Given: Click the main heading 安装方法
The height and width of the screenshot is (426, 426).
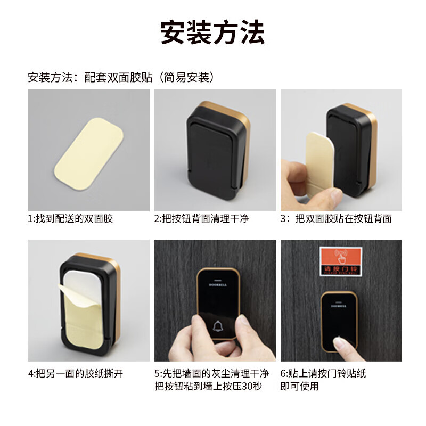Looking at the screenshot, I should click(212, 33).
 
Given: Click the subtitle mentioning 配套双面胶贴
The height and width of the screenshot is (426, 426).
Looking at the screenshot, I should click(121, 78).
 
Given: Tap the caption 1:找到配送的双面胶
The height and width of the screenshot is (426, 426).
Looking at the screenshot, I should click(70, 218).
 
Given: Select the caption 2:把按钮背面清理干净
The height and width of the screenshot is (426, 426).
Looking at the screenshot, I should click(201, 218).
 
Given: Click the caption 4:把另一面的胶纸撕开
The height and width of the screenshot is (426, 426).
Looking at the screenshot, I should click(76, 373).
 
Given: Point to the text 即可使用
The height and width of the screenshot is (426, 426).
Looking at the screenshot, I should click(299, 386).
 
